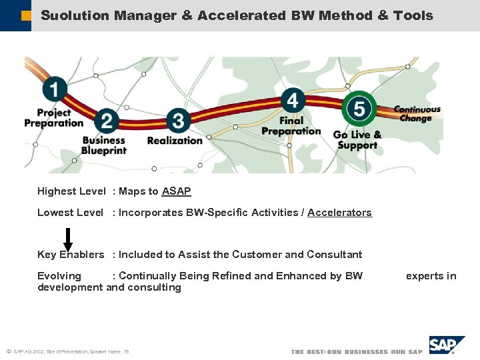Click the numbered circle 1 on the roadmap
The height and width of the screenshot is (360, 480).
[55, 89]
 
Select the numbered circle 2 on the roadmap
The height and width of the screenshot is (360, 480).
[106, 121]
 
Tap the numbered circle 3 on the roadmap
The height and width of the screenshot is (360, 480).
[177, 121]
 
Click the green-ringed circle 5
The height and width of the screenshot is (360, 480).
[359, 108]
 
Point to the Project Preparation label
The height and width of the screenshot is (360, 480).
[53, 118]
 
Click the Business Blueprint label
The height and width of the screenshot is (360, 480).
[103, 145]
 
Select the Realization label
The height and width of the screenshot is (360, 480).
[174, 141]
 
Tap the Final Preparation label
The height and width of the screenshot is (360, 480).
[291, 126]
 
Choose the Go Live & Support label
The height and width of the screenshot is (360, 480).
[357, 140]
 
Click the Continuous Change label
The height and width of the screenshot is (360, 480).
[417, 114]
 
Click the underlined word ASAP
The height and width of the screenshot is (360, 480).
[176, 191]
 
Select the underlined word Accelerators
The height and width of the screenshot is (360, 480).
[339, 213]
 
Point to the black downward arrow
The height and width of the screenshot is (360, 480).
[67, 239]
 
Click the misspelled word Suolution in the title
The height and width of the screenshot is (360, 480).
[75, 15]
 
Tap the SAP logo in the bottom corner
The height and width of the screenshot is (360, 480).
[447, 345]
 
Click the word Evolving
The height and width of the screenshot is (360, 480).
[59, 276]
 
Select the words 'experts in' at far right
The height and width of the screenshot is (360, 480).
[431, 276]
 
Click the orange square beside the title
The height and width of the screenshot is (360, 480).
[26, 15]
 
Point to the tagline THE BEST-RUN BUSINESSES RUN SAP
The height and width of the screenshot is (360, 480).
[357, 351]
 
